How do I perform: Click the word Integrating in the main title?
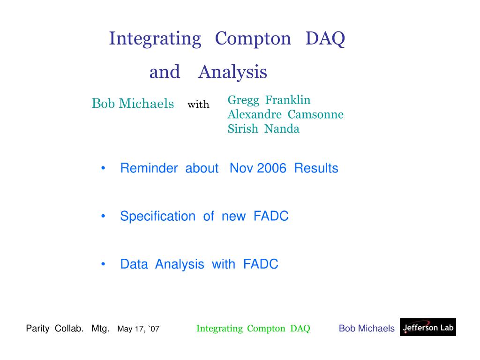point(155,39)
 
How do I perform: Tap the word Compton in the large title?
point(253,39)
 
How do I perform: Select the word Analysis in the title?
point(232,73)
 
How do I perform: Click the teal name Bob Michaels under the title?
point(133,104)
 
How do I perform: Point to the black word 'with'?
point(198,105)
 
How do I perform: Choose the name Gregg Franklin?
point(269,100)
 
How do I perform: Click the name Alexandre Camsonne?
point(285,114)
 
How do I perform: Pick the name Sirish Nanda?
point(263,128)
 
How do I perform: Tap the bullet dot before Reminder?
point(103,168)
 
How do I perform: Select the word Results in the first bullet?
point(316,168)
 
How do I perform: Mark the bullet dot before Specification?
point(103,216)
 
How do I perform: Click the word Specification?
point(157,217)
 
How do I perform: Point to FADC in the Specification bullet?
point(271,216)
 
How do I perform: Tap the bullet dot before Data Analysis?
point(103,264)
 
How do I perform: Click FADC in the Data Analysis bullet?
point(261,264)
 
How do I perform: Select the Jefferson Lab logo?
point(428,327)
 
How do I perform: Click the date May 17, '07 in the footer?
point(138,329)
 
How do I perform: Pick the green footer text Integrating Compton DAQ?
point(253,329)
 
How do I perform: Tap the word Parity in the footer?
point(37,329)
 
